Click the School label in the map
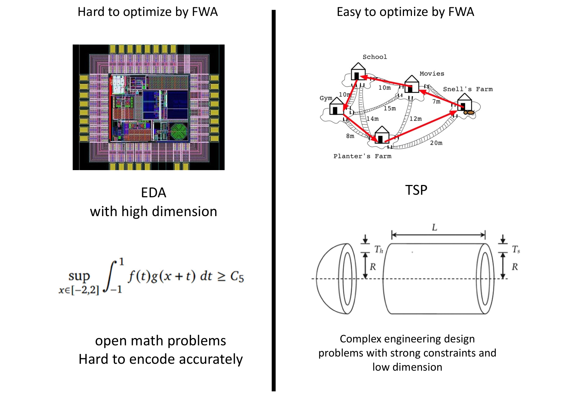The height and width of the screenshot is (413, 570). pos(375,57)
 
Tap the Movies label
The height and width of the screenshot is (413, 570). pos(431,73)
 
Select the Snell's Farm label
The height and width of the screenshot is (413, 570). pos(468,89)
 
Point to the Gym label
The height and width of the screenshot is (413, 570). pos(326,98)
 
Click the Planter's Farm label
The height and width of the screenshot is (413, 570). pos(362,156)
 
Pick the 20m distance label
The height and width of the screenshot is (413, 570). pos(436,143)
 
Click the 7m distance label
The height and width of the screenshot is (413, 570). pos(436,102)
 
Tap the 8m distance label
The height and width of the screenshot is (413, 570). pos(350,136)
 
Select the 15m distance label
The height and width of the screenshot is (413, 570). pos(390,108)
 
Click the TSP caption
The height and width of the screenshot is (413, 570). pos(416,190)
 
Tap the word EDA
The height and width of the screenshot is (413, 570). pos(153,193)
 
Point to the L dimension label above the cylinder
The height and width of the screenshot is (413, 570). pos(434,227)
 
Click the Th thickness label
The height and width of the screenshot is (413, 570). pos(379,249)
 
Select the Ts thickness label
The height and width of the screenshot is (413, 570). pos(516,249)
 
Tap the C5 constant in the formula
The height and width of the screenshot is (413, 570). pos(237,277)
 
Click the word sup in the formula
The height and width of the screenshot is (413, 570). pos(79,276)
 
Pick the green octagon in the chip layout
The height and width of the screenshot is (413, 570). pos(179,131)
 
